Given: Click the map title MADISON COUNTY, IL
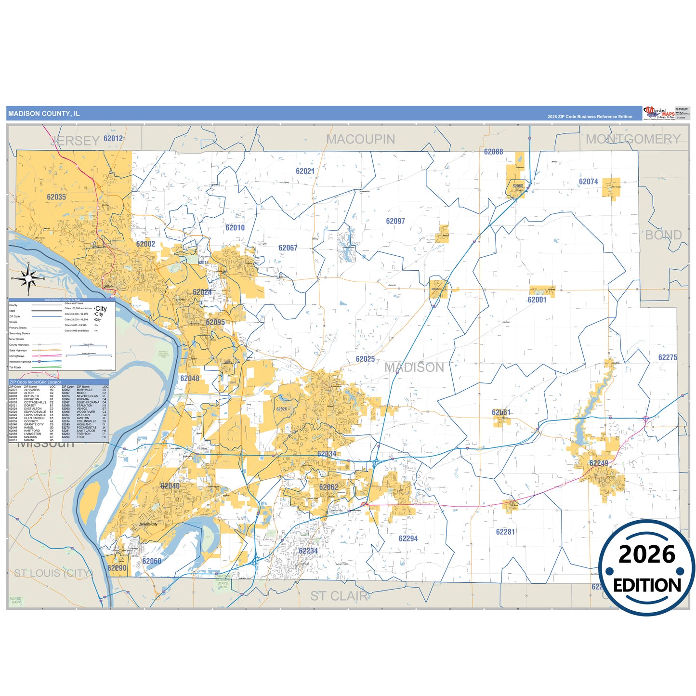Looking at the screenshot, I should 44,114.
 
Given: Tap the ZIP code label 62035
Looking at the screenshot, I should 56,197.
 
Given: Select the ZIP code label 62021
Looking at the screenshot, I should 305,171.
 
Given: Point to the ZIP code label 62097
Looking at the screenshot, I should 395,221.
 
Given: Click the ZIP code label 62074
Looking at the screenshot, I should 588,182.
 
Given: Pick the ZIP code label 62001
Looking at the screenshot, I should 537,300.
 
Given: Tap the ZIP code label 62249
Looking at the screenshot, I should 598,463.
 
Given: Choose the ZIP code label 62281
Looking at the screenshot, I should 505,532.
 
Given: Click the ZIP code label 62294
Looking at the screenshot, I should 408,538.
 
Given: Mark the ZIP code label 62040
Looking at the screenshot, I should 170,486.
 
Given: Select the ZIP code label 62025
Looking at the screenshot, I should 365,359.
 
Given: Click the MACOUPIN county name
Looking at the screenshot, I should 361,139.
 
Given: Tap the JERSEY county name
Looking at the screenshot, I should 75,141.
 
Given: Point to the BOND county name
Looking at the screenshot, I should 663,235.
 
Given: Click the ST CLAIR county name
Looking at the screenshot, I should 339,596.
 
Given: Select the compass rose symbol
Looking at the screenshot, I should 28,278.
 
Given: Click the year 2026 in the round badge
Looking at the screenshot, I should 646,554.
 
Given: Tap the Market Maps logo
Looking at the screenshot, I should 659,114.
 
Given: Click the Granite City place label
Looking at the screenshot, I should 148,524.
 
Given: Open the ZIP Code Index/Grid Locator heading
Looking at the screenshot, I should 35,382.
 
